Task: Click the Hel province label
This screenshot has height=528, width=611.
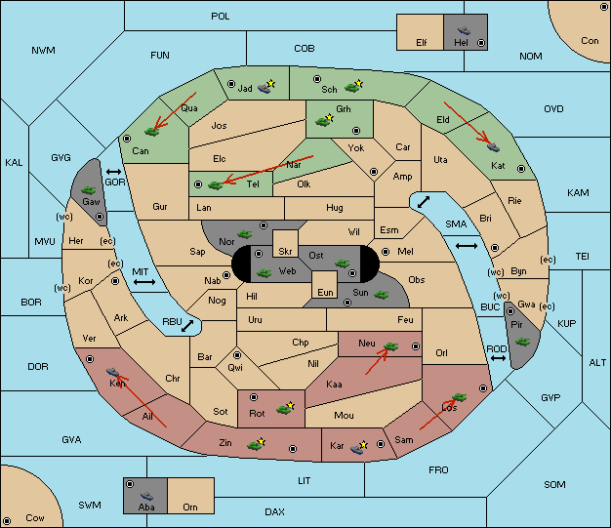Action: (461, 43)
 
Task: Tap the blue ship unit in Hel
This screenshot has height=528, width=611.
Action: (464, 30)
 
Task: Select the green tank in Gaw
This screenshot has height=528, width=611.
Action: (89, 189)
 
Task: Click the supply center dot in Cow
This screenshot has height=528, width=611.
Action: (7, 520)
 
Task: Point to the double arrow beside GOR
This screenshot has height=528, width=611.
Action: (114, 172)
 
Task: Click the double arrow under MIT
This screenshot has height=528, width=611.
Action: (144, 282)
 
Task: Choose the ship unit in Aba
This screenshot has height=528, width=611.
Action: (146, 496)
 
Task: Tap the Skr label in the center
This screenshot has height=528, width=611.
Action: (285, 252)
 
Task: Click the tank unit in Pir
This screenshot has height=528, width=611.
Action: (522, 342)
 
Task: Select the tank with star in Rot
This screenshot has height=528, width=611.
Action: (285, 408)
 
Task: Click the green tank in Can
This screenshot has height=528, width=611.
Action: (151, 132)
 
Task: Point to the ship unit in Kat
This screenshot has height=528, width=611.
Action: (493, 147)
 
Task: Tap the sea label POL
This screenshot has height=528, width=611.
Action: (221, 17)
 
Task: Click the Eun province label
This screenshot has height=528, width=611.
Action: (325, 292)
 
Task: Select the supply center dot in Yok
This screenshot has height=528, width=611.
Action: (374, 172)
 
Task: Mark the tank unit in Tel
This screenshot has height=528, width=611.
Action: (215, 185)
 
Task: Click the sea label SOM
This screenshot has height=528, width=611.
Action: (554, 484)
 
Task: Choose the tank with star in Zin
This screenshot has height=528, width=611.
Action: (256, 444)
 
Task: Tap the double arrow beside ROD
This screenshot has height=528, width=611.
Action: (498, 358)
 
